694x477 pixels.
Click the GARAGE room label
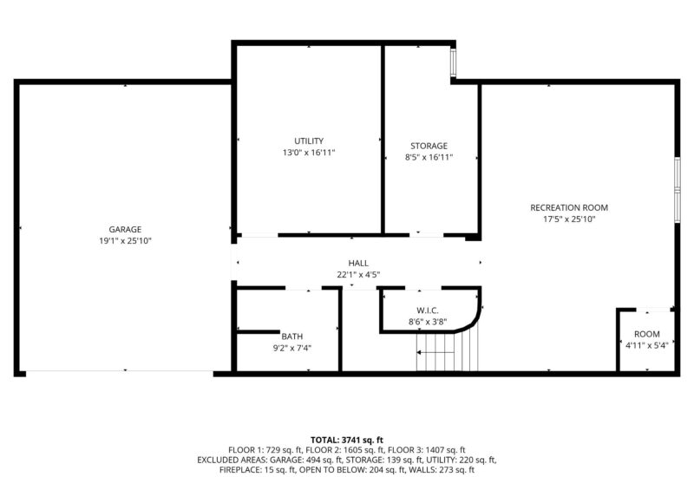[125, 229]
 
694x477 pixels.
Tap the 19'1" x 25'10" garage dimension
[125, 241]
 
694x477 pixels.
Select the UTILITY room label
[309, 140]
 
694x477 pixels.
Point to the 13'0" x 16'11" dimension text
[309, 153]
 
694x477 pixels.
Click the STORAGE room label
[429, 146]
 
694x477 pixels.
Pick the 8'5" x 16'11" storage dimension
[429, 157]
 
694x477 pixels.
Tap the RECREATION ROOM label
[569, 207]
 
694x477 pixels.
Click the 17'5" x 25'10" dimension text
[569, 219]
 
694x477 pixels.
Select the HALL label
[358, 263]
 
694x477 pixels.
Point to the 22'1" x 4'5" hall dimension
[358, 275]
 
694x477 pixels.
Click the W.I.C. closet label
[428, 310]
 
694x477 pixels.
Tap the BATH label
[292, 337]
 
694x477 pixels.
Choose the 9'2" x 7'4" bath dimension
[292, 349]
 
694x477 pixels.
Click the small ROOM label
[647, 334]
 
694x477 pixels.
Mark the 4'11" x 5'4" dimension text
[647, 345]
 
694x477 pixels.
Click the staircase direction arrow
[435, 353]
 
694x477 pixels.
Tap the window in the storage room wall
[453, 62]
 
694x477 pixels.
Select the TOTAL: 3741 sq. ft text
[347, 440]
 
